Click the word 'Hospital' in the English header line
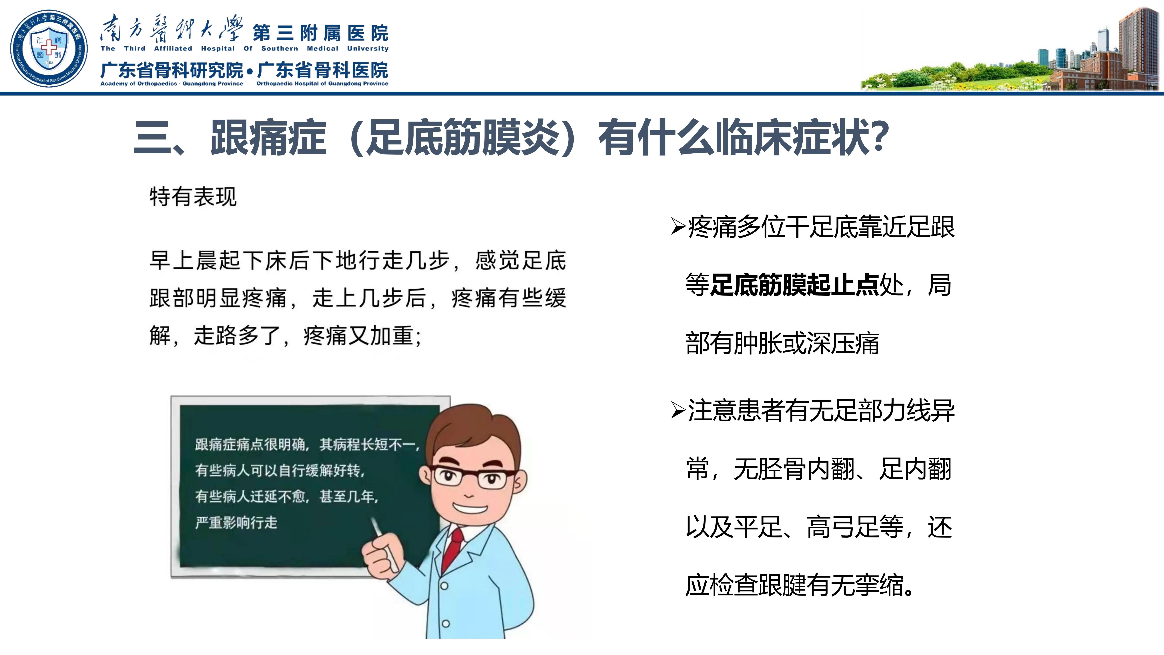pyautogui.click(x=218, y=48)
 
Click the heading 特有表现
pyautogui.click(x=193, y=197)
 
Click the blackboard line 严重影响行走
pyautogui.click(x=236, y=523)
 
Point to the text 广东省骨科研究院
pyautogui.click(x=172, y=71)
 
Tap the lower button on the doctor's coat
pyautogui.click(x=446, y=623)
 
